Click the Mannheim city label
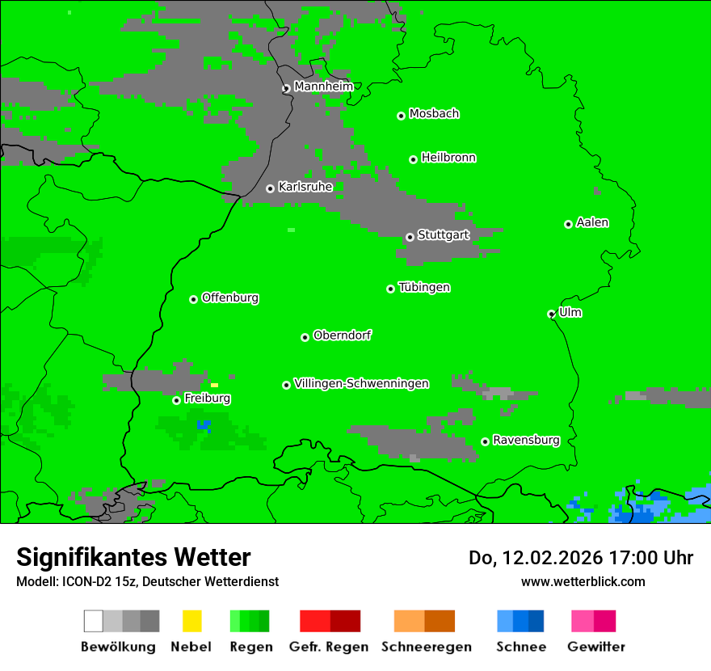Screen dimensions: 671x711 coord(323,87)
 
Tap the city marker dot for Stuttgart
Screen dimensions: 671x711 coord(410,237)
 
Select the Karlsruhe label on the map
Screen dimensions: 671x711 coord(305,187)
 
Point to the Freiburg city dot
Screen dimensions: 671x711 coord(176,400)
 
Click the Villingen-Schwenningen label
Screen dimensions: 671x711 coord(361,383)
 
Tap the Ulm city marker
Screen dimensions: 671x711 coord(551,314)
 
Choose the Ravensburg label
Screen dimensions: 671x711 coord(526,440)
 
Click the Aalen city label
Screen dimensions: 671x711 coord(592,222)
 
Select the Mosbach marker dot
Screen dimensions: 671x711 coord(401,116)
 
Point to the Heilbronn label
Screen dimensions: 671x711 coord(448,158)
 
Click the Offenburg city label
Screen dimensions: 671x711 coord(230,298)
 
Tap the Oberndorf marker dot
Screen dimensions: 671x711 coord(305,337)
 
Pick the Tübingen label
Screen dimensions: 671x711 coord(424,287)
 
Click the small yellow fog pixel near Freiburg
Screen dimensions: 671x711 coord(214,385)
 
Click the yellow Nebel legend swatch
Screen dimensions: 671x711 coord(191,621)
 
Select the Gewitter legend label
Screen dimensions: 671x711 coord(596,647)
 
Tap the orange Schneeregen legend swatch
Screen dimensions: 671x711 coord(409,621)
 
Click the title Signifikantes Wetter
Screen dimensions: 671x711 coord(133,557)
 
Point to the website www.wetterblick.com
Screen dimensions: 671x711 coord(583,581)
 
